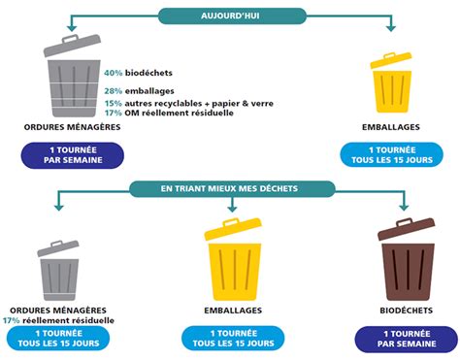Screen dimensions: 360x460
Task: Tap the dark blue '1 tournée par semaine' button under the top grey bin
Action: click(x=75, y=154)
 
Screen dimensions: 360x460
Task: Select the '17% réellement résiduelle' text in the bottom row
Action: click(x=58, y=320)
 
